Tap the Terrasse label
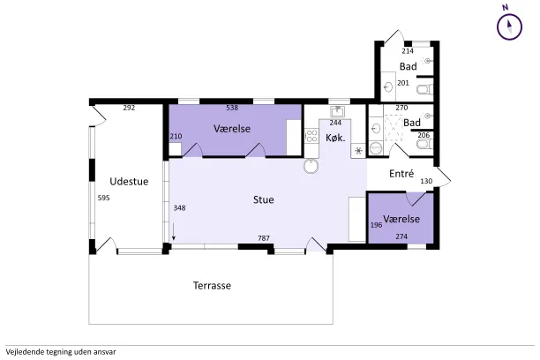click(x=212, y=286)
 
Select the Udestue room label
click(x=129, y=182)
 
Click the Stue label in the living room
click(x=264, y=199)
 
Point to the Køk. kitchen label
click(x=335, y=138)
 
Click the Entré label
click(x=401, y=173)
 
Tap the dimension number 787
click(x=264, y=238)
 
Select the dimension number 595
click(x=103, y=198)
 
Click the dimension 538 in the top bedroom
click(x=232, y=108)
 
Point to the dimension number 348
click(x=179, y=207)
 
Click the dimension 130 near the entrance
click(x=426, y=181)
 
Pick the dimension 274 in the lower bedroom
click(x=401, y=236)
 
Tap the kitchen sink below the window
click(x=337, y=111)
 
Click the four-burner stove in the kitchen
click(x=311, y=135)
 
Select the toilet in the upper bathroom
click(x=424, y=90)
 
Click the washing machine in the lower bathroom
click(x=375, y=149)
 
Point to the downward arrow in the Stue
click(x=174, y=231)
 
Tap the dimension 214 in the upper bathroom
click(x=408, y=51)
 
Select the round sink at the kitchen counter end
click(x=311, y=166)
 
